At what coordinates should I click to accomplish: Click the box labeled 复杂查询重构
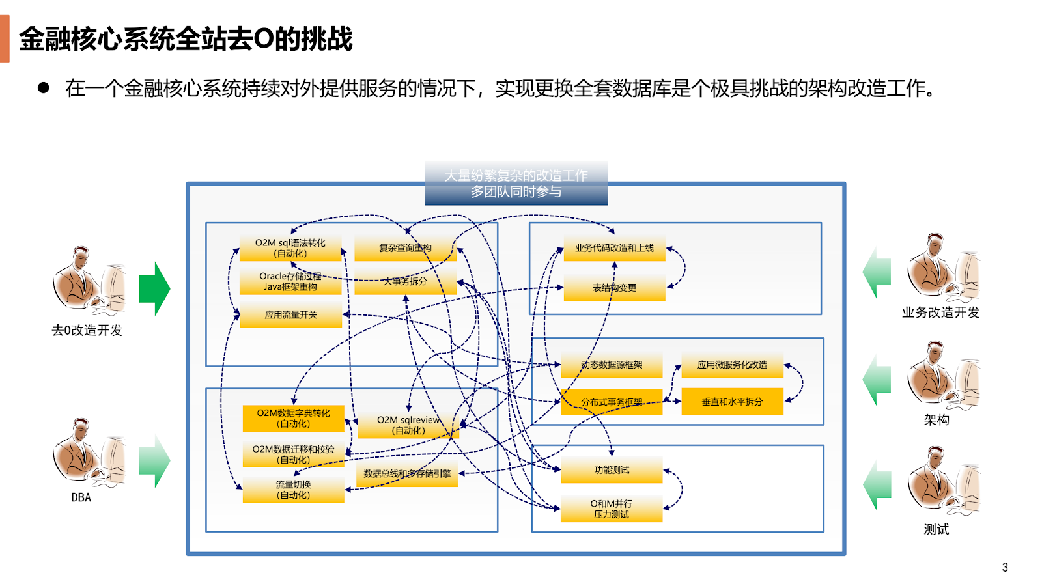click(x=405, y=248)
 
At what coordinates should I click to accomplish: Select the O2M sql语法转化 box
click(x=290, y=248)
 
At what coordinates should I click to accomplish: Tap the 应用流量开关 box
click(x=290, y=314)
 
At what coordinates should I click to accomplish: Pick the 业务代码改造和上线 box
click(x=614, y=248)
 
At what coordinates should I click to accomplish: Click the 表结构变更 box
click(x=614, y=287)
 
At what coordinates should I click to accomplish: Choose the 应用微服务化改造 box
click(x=732, y=365)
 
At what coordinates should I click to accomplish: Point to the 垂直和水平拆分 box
click(x=732, y=402)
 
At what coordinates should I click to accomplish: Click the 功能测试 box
click(x=612, y=470)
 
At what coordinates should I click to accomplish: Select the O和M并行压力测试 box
click(x=612, y=509)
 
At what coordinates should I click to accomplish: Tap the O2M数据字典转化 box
click(x=293, y=418)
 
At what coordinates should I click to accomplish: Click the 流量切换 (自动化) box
click(x=293, y=490)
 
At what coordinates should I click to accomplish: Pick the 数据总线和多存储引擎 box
click(x=407, y=474)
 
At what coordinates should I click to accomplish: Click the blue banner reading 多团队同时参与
click(x=516, y=184)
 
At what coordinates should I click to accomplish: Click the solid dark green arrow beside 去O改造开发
click(x=154, y=288)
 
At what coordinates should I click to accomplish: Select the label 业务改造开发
click(x=940, y=313)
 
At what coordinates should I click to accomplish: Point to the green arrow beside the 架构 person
click(x=877, y=380)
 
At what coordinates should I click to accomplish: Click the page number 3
click(x=1005, y=567)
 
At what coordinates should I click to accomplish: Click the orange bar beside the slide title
click(x=5, y=38)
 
